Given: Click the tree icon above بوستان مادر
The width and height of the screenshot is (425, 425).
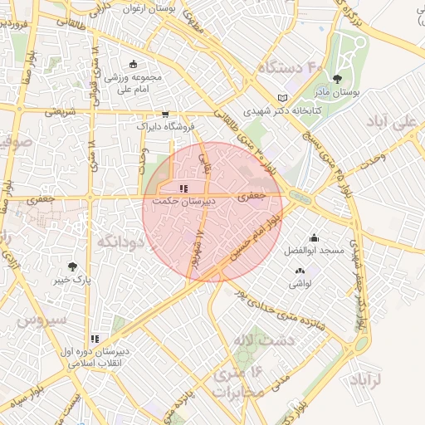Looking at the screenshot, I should [x=336, y=81].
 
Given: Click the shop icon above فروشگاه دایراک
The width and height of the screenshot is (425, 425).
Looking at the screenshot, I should [x=165, y=115].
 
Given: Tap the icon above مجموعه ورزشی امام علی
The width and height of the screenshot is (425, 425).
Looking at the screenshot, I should [x=133, y=65].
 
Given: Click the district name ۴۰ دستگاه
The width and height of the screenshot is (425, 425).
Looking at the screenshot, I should [x=290, y=66].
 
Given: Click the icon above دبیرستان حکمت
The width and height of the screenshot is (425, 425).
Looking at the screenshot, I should [x=183, y=188].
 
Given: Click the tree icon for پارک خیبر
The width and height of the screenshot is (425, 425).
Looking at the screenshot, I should [x=73, y=266].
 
